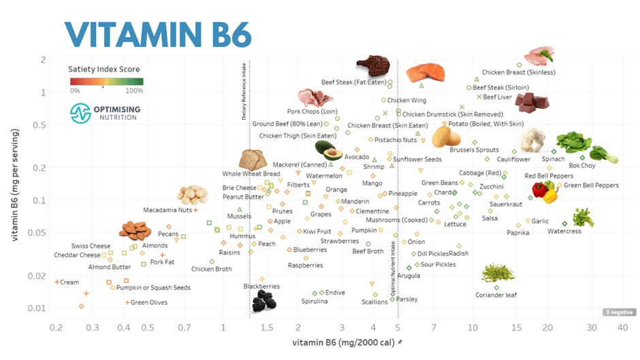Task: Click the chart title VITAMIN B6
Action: [x=158, y=32]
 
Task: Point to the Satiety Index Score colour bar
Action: [x=106, y=81]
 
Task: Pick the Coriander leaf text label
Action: [x=496, y=295]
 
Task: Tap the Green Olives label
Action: [x=149, y=303]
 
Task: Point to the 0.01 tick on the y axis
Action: [x=39, y=308]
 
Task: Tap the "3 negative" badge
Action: [x=619, y=312]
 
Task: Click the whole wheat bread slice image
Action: [x=253, y=159]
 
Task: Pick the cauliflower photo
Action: [x=532, y=140]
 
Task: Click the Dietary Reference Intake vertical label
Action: [x=244, y=91]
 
